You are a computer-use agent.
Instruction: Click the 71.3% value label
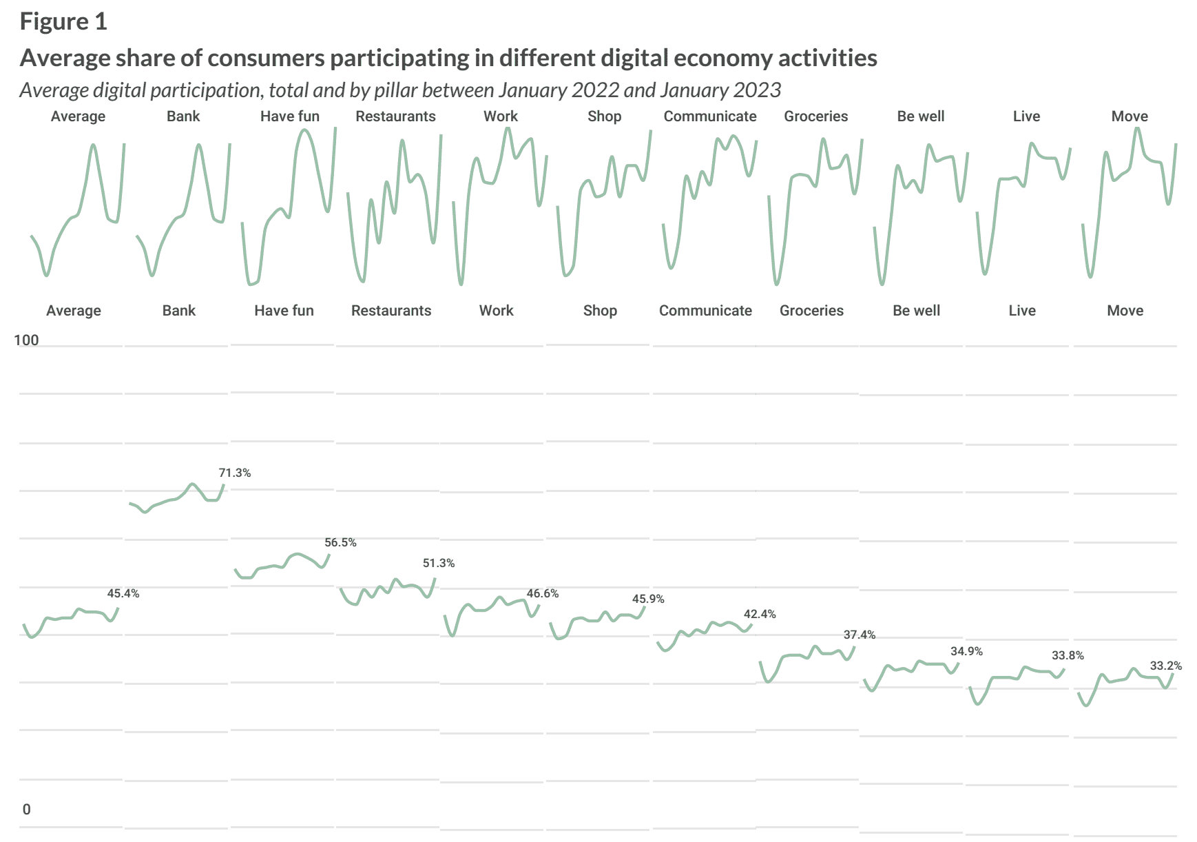click(x=235, y=473)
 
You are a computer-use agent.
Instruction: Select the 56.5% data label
click(x=341, y=542)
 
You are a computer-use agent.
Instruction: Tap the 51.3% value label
click(x=439, y=563)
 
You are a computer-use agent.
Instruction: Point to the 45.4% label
click(x=123, y=593)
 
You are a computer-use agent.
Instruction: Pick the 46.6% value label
click(x=543, y=593)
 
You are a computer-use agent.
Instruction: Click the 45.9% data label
click(x=648, y=599)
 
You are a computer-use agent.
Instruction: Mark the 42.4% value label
click(x=760, y=614)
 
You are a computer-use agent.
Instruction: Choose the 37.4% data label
click(x=860, y=635)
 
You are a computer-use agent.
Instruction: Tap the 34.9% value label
click(x=966, y=651)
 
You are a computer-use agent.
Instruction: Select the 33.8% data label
click(x=1068, y=655)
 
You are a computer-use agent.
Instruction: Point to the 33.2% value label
click(x=1166, y=666)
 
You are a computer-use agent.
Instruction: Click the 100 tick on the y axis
click(x=26, y=340)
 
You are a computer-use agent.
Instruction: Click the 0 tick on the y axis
click(x=26, y=809)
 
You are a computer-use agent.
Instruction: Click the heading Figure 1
click(x=63, y=22)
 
